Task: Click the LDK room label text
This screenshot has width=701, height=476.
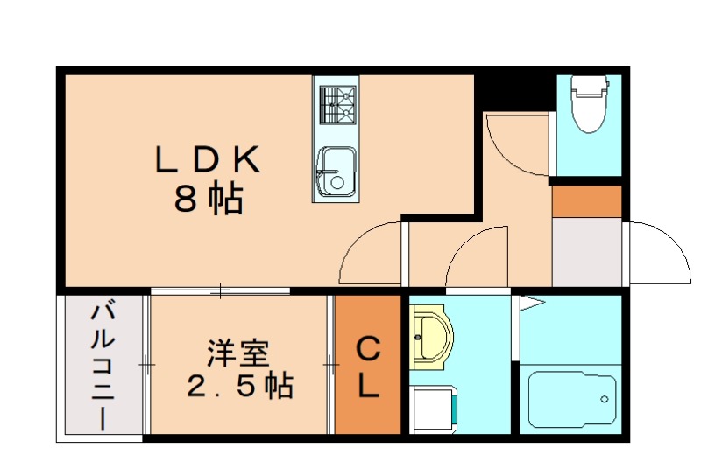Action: [207, 160]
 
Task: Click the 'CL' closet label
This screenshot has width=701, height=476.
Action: [368, 367]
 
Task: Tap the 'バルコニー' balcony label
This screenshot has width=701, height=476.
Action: [103, 364]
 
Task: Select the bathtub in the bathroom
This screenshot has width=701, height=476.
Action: [570, 398]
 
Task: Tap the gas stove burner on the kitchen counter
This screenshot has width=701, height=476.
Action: [337, 105]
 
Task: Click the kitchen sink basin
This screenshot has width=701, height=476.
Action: [335, 169]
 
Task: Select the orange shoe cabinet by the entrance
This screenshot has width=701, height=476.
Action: [586, 200]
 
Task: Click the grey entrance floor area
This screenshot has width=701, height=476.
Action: [586, 251]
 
